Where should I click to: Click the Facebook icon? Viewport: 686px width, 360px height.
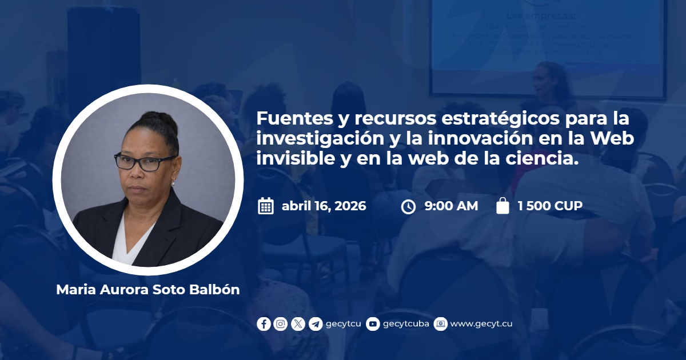(x=264, y=324)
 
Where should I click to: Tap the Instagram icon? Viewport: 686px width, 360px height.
(x=281, y=324)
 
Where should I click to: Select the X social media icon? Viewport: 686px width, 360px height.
(x=298, y=324)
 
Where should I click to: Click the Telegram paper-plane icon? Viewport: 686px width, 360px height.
(x=316, y=324)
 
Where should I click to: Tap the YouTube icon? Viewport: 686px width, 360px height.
(x=373, y=324)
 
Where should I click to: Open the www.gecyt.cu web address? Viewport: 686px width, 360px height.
(x=481, y=324)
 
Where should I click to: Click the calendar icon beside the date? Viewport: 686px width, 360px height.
(x=266, y=206)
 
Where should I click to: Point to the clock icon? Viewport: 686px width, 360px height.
(x=408, y=207)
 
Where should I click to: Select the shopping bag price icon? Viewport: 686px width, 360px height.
(x=502, y=205)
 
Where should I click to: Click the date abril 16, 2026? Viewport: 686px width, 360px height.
(x=324, y=206)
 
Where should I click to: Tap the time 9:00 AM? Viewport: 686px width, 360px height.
(x=452, y=206)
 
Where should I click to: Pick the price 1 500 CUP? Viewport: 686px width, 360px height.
(x=550, y=206)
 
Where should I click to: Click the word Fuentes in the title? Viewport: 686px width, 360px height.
(x=294, y=118)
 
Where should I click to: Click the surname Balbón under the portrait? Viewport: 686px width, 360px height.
(x=214, y=290)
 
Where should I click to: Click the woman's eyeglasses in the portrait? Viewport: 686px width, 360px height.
(x=145, y=162)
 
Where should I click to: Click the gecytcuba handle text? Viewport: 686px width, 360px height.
(x=406, y=324)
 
